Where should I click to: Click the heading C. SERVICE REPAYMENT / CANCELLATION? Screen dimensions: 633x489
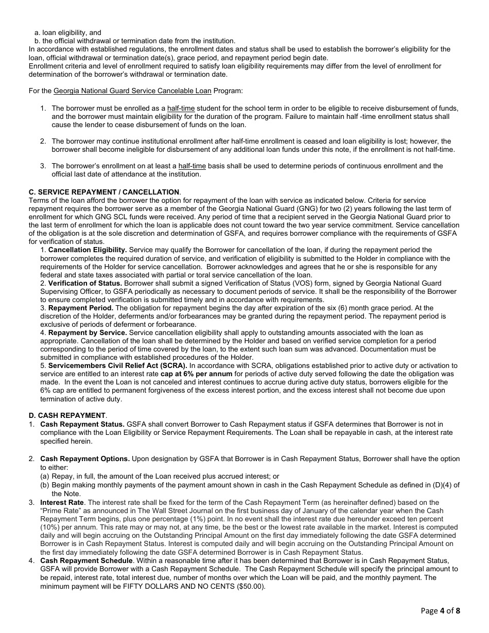pos(104,192)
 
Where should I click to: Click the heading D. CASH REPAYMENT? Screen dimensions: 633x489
pos(67,415)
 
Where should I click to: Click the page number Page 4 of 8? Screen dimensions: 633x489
pos(440,611)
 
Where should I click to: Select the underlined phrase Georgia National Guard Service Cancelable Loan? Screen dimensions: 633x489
pos(132,91)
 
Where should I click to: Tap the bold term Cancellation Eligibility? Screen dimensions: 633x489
pos(88,250)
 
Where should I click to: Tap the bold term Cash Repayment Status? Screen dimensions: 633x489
pos(82,425)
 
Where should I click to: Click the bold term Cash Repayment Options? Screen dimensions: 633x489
pos(85,459)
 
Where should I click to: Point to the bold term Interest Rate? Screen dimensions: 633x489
pos(62,502)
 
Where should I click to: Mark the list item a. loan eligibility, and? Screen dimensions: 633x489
pos(67,33)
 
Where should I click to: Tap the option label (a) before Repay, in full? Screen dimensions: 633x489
pos(45,477)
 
